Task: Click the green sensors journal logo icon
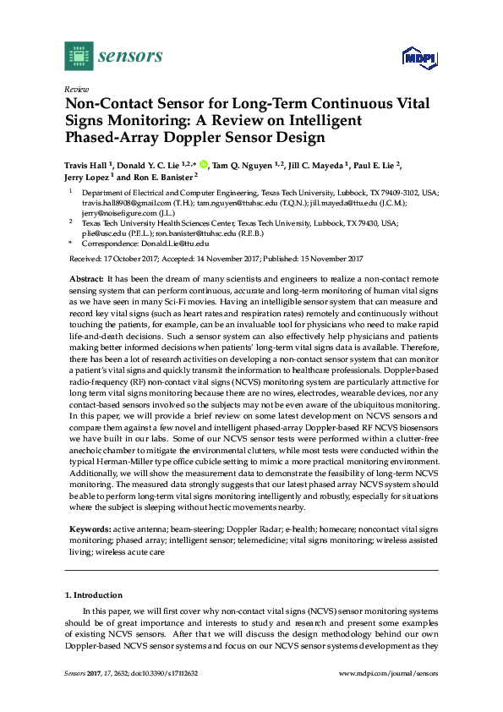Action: click(x=78, y=56)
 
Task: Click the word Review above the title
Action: click(x=76, y=89)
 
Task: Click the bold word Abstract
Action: click(x=85, y=278)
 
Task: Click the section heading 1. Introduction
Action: click(x=96, y=596)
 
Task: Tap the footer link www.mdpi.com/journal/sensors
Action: click(x=387, y=673)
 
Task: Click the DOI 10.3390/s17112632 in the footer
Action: click(x=163, y=673)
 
